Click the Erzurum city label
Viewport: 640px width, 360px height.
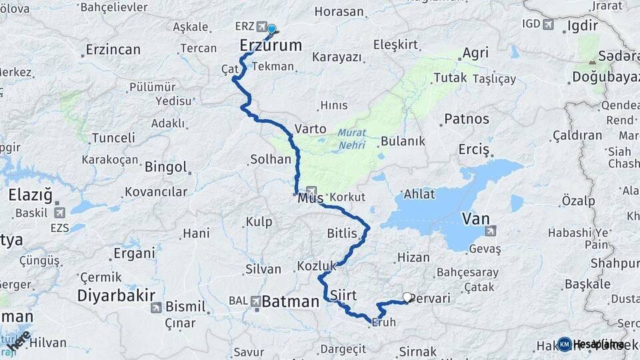point(271,45)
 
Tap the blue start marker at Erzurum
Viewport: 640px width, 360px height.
point(271,29)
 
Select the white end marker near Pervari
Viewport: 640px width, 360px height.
point(407,297)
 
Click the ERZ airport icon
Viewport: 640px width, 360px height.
point(261,26)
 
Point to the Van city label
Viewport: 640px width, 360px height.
point(476,219)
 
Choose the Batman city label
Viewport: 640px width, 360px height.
point(290,302)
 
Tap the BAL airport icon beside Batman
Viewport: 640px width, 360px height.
point(255,301)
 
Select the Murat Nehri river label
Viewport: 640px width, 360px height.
point(352,138)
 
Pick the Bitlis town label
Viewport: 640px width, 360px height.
point(343,233)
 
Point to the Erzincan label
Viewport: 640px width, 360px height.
point(113,49)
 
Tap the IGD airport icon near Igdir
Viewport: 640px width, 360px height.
point(548,25)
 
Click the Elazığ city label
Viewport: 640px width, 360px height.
point(34,195)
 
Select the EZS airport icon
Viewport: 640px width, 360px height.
point(59,213)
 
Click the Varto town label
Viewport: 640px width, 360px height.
point(311,129)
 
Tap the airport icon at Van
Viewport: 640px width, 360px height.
point(491,231)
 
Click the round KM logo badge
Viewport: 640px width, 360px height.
point(564,344)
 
